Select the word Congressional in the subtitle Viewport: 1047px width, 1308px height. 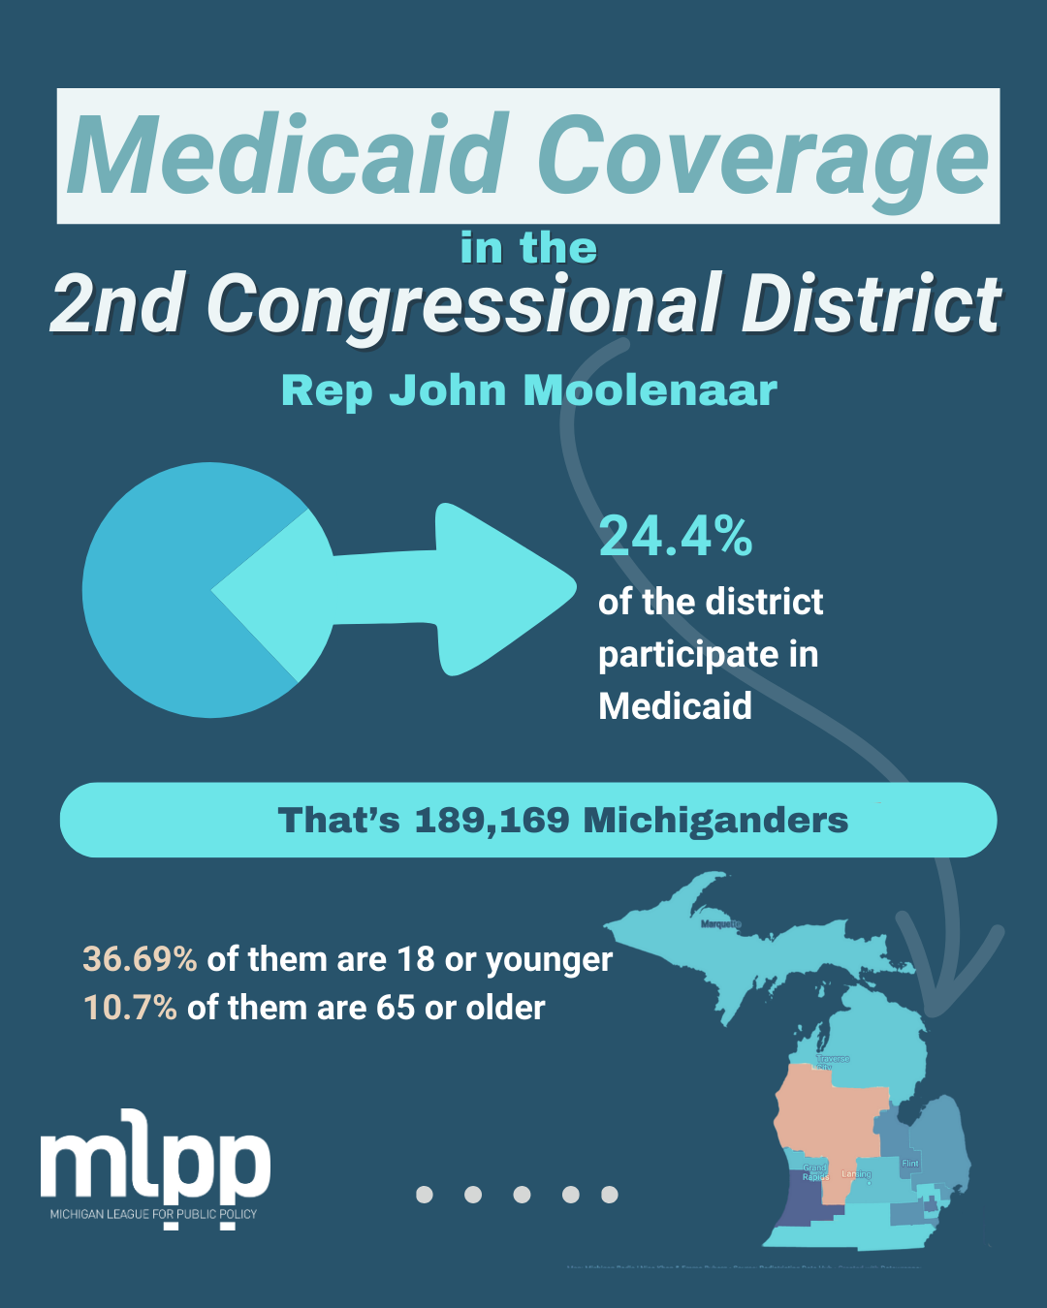point(463,303)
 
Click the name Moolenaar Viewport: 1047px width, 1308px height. point(650,390)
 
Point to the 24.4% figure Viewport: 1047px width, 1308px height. point(676,536)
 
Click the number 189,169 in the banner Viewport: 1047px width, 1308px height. point(492,821)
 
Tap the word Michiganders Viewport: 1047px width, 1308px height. point(715,821)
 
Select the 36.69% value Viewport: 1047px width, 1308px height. point(140,959)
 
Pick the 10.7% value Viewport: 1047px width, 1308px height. point(130,1008)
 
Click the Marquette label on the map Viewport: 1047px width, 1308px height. point(720,924)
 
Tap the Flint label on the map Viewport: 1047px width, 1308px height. point(909,1163)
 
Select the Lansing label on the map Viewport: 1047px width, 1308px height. point(856,1174)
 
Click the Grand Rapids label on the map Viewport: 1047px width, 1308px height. point(814,1172)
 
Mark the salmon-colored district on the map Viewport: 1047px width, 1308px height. point(829,1114)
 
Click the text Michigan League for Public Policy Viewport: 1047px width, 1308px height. point(154,1214)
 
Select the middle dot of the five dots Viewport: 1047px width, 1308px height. point(522,1195)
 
